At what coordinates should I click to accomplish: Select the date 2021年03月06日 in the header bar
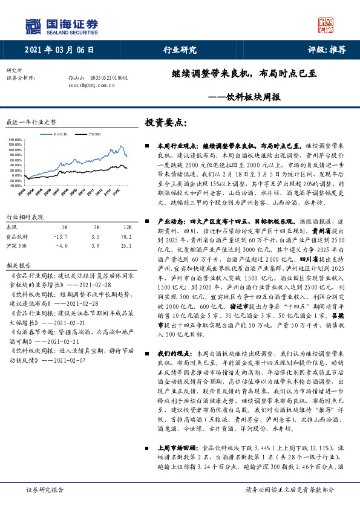pyautogui.click(x=60, y=50)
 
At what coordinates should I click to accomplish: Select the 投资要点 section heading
pyautogui.click(x=164, y=122)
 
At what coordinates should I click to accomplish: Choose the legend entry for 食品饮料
pyautogui.click(x=61, y=133)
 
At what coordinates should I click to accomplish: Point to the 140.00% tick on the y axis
pyautogui.click(x=15, y=139)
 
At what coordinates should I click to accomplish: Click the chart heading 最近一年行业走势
pyautogui.click(x=31, y=122)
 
